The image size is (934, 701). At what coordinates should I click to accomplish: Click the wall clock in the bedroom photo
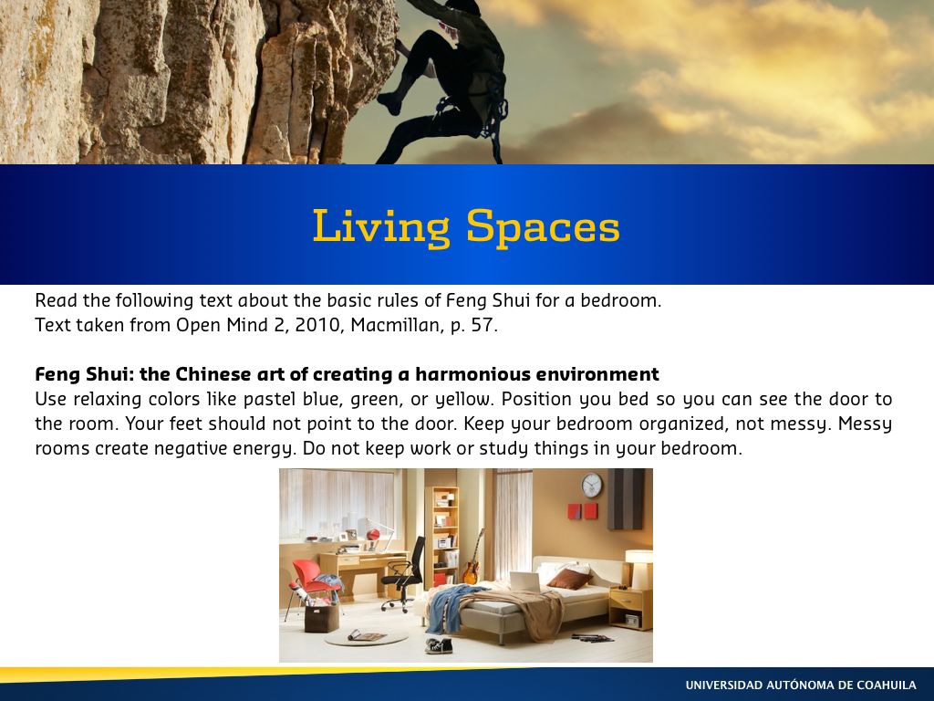point(591,486)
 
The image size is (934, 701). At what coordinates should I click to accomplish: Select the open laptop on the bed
point(524,582)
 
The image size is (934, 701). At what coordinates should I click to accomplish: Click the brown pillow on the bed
point(569,578)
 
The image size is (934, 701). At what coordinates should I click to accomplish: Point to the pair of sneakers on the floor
point(439,645)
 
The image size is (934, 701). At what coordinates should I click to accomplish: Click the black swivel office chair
point(404,575)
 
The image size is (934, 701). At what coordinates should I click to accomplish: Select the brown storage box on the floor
point(322,618)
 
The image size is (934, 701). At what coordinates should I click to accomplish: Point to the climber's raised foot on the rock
point(389,103)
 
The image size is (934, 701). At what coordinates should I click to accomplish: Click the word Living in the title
point(382,227)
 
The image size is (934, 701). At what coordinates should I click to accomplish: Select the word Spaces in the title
point(543,228)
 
